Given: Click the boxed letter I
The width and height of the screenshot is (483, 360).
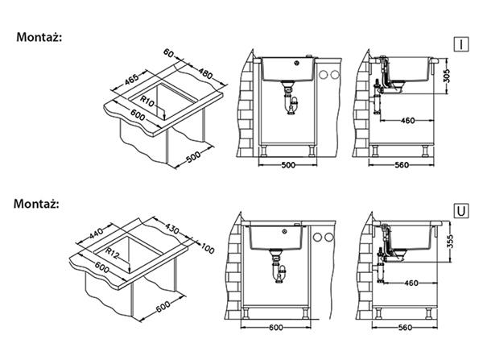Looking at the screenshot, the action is (461, 44).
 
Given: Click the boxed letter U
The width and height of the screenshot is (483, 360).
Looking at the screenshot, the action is (461, 211).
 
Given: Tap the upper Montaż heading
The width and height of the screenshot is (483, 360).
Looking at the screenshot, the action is (39, 37).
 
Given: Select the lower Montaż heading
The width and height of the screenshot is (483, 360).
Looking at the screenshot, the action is (36, 204).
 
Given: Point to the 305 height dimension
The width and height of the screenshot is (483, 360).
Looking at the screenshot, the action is (448, 76).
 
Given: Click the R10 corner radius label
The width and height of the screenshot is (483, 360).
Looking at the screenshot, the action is (147, 101).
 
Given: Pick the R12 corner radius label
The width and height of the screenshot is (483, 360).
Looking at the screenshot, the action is (112, 253).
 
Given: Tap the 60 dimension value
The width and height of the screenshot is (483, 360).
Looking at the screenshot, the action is (168, 53).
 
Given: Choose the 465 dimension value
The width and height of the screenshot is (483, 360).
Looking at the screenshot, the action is (132, 79).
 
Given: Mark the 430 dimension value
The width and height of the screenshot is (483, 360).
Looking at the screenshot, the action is (172, 228).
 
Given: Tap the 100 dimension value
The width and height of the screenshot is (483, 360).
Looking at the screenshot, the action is (208, 248).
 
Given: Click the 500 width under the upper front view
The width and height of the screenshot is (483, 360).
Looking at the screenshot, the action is (288, 165).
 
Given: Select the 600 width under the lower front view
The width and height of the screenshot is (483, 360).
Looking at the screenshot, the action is (275, 327).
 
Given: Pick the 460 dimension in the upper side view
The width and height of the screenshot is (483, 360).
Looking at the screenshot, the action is (408, 121).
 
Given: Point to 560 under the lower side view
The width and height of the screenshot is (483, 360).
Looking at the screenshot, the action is (405, 327).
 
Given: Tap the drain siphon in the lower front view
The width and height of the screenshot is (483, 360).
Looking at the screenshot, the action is (279, 267).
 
